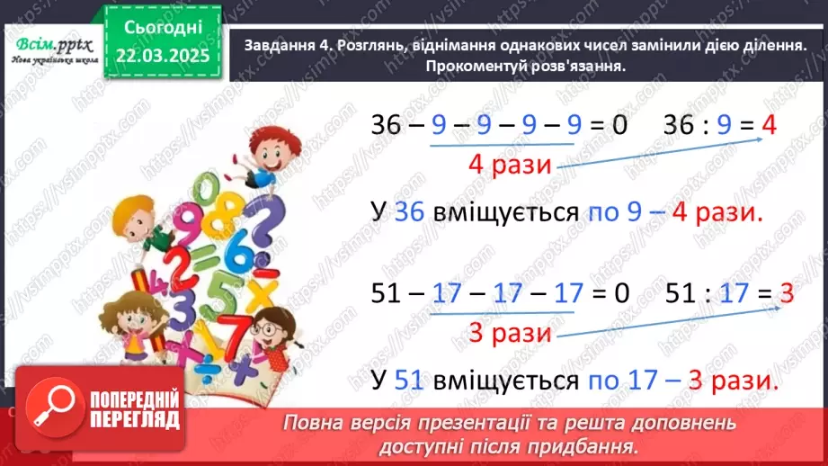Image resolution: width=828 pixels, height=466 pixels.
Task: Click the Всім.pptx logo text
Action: [51, 43]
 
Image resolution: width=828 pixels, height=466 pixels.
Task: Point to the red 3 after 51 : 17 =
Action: [785, 293]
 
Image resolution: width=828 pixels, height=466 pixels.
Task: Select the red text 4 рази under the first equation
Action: [510, 165]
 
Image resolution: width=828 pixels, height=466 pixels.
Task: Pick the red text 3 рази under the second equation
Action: [510, 332]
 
